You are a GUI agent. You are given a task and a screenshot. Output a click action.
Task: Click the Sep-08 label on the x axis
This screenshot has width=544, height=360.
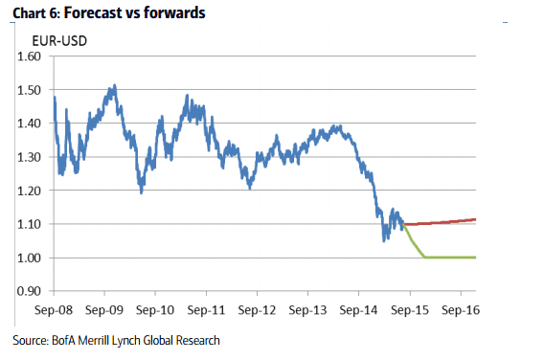(x=55, y=311)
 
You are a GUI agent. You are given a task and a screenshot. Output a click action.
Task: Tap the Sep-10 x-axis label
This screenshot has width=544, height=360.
(x=156, y=311)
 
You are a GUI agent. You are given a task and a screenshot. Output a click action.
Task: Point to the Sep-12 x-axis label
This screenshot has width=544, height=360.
(x=257, y=311)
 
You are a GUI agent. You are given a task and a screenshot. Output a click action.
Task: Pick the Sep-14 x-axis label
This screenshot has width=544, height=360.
(x=358, y=311)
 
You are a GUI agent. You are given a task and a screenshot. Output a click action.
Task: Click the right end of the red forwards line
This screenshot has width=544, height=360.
(x=476, y=219)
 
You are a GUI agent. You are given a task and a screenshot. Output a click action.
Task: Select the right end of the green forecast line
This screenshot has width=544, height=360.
(x=476, y=258)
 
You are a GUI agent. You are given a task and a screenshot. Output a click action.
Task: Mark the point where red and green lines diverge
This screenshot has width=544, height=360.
(x=404, y=225)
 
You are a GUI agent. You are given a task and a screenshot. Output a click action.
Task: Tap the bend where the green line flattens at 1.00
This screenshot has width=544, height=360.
(x=425, y=257)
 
